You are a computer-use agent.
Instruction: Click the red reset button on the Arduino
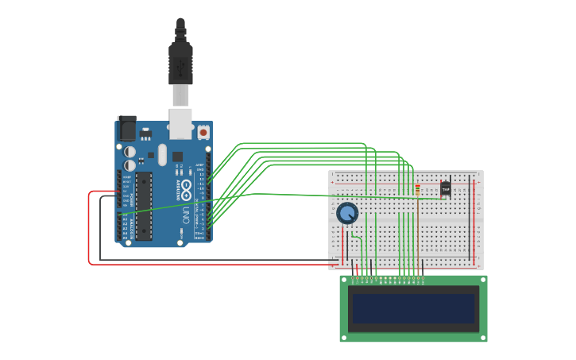click(203, 132)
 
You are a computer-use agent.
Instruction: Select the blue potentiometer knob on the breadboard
click(347, 213)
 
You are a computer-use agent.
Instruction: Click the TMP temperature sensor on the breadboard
click(445, 189)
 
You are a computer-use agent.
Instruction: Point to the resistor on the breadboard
click(417, 190)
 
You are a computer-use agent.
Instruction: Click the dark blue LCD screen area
click(413, 308)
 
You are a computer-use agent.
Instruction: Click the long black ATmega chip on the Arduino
click(143, 206)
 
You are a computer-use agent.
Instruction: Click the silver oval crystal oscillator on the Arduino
click(162, 154)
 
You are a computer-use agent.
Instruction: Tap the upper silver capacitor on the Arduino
click(130, 151)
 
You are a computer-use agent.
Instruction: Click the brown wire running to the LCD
click(418, 238)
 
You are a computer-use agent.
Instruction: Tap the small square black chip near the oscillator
click(177, 157)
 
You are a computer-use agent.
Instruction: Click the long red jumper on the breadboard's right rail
click(474, 223)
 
